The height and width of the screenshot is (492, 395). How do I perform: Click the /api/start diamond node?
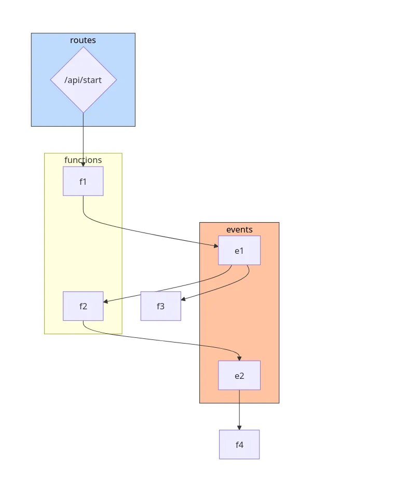[x=83, y=80]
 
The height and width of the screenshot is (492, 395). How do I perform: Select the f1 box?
[x=83, y=181]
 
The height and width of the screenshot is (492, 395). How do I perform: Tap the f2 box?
[x=83, y=306]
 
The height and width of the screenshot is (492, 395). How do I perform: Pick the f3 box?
[x=160, y=306]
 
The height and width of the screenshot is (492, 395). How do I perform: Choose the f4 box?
[x=239, y=444]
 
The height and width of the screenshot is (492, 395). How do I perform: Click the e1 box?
[x=239, y=251]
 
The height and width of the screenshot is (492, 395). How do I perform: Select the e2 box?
[x=239, y=375]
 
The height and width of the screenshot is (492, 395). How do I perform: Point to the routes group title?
[x=83, y=40]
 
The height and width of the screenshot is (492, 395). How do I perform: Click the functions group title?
[x=83, y=160]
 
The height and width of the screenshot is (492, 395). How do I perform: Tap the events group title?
[x=239, y=229]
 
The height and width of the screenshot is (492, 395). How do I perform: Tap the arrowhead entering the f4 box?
[x=239, y=427]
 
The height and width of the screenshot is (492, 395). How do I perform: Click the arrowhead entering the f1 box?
[x=83, y=163]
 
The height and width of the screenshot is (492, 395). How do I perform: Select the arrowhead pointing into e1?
[x=215, y=245]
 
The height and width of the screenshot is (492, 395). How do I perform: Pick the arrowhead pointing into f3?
[x=184, y=299]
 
